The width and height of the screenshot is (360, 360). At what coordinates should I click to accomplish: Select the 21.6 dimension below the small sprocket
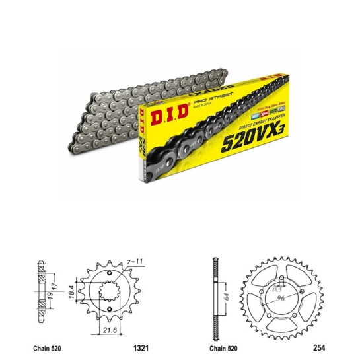tap(109, 328)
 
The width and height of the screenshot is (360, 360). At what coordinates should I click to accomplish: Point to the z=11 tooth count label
tap(136, 262)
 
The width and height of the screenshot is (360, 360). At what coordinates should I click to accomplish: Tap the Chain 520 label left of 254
tap(221, 347)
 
